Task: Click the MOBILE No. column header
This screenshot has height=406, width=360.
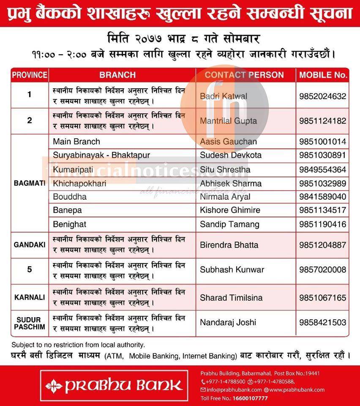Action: [x=323, y=75]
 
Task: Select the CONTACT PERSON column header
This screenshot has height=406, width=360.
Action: [x=244, y=75]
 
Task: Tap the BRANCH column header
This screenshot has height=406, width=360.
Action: [x=117, y=75]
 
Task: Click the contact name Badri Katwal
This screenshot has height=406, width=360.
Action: [x=224, y=96]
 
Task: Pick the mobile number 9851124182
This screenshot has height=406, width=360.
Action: [x=322, y=121]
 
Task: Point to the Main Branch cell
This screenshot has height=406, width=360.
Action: [x=76, y=142]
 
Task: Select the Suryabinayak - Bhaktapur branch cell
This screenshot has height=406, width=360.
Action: [x=101, y=155]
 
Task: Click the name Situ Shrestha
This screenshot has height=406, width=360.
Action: [x=225, y=170]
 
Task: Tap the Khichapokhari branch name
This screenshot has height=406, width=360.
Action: [x=80, y=183]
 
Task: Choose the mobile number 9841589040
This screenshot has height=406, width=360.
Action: [x=322, y=197]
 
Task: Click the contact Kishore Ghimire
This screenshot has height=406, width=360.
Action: [x=230, y=210]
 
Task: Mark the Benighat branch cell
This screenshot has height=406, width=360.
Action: [x=70, y=224]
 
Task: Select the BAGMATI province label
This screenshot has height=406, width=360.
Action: [x=30, y=184]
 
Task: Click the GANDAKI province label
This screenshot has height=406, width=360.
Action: [x=30, y=245]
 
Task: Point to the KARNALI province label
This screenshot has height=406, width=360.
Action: [x=30, y=297]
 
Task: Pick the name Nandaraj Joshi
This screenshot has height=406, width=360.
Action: [x=228, y=322]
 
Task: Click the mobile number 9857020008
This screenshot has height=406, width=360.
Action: [x=322, y=269]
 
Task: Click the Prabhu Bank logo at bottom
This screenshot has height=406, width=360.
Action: [x=114, y=385]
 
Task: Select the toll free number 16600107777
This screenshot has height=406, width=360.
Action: [x=250, y=398]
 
